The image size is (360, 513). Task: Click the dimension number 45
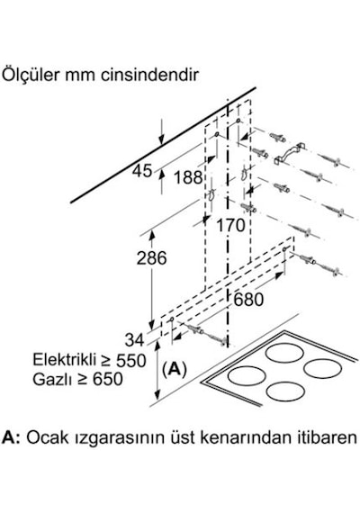[143, 171]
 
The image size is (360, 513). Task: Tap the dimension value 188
[188, 178]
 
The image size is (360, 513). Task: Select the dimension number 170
[230, 225]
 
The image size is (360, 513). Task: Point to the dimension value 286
[151, 257]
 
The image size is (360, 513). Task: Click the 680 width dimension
[248, 299]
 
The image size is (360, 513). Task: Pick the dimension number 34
[134, 340]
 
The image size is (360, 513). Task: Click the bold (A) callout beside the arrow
[174, 369]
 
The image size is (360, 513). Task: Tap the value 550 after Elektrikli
[130, 360]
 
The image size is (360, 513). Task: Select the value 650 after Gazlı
[108, 379]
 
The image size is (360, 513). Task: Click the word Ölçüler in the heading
[31, 75]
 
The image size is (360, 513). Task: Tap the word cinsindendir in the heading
[149, 76]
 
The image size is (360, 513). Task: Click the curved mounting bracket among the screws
[290, 153]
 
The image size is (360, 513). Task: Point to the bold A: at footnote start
[11, 437]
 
